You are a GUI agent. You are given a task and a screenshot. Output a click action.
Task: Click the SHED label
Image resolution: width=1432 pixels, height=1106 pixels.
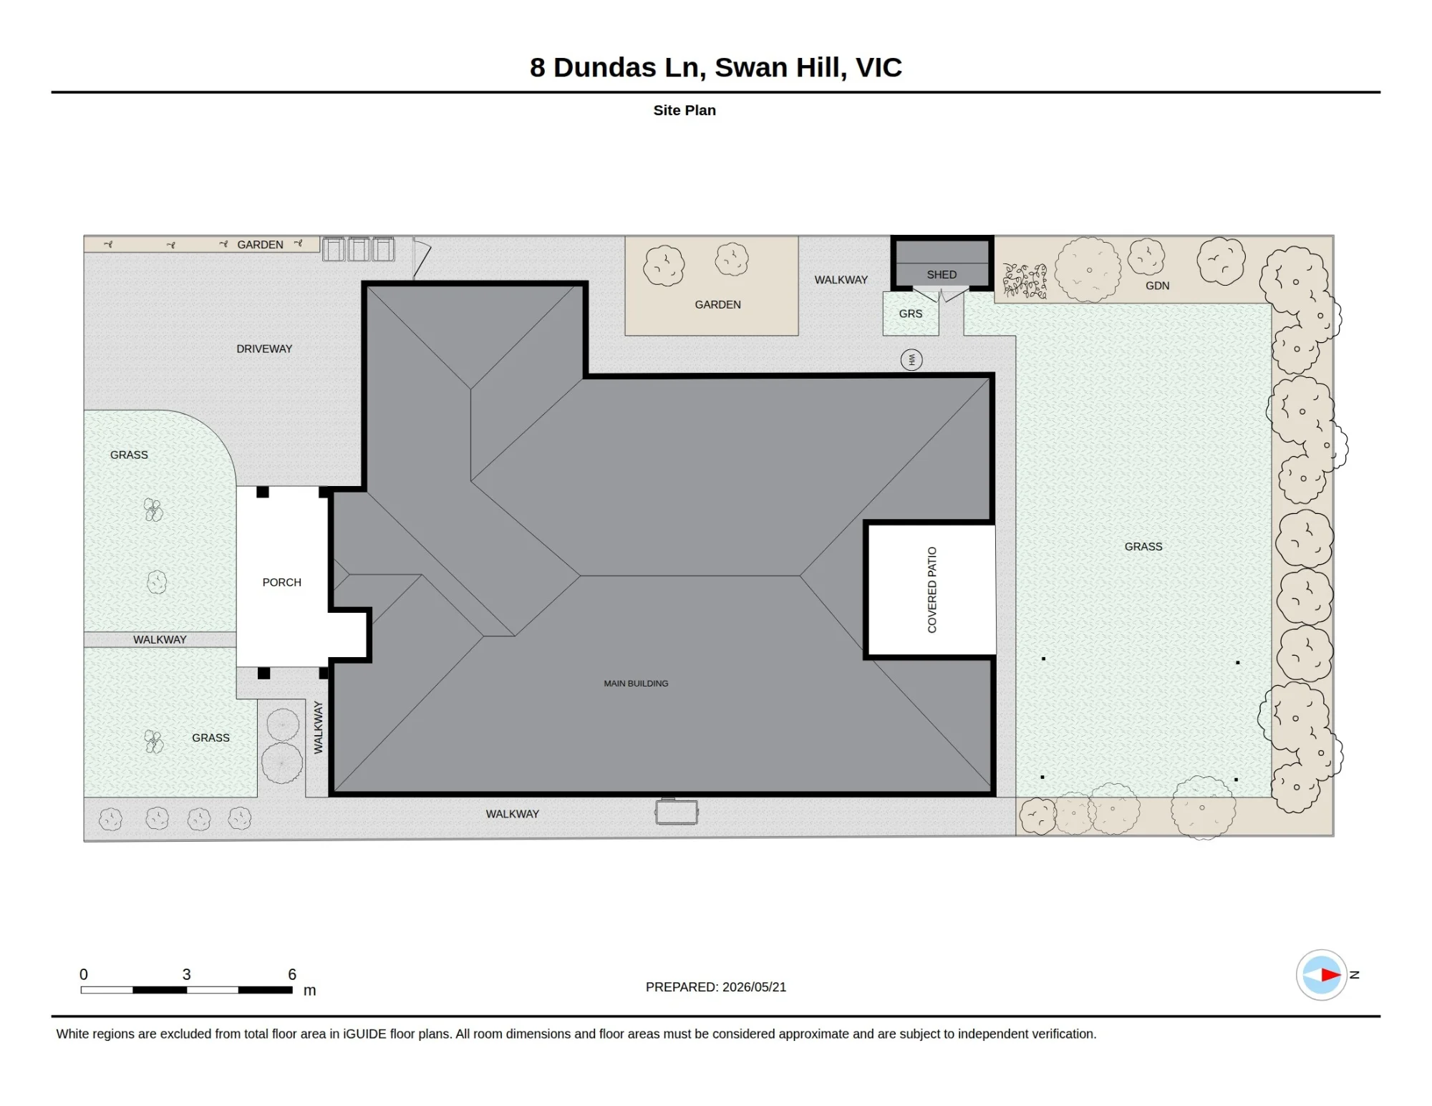pyautogui.click(x=942, y=275)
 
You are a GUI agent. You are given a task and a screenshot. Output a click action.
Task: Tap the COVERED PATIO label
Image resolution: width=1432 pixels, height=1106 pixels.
pyautogui.click(x=932, y=590)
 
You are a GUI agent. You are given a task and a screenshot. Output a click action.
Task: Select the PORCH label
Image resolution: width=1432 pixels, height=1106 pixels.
pyautogui.click(x=281, y=583)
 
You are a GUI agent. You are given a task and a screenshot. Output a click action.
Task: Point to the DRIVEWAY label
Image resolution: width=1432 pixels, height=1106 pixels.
pyautogui.click(x=264, y=349)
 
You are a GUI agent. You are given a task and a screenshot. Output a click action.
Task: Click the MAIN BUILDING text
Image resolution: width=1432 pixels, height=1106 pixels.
pyautogui.click(x=636, y=684)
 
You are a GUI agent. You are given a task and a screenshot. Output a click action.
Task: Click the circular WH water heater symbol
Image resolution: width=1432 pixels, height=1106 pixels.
pyautogui.click(x=911, y=359)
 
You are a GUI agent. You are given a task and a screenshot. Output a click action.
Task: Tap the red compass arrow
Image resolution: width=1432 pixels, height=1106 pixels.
pyautogui.click(x=1331, y=974)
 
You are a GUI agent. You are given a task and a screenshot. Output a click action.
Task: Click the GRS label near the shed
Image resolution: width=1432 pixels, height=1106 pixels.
pyautogui.click(x=911, y=314)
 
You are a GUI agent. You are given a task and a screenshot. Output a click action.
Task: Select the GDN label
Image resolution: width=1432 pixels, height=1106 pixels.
pyautogui.click(x=1157, y=286)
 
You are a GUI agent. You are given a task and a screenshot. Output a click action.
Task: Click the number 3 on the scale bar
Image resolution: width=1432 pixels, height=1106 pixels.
pyautogui.click(x=186, y=974)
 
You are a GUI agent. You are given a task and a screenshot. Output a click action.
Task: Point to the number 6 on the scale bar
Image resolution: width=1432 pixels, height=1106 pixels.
pyautogui.click(x=292, y=974)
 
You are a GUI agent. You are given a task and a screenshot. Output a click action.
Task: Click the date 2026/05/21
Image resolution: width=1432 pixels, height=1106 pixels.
pyautogui.click(x=755, y=987)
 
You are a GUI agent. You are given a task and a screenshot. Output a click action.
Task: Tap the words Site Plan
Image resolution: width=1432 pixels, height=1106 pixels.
pyautogui.click(x=684, y=110)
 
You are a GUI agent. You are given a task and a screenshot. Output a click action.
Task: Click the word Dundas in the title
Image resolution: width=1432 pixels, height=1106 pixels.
pyautogui.click(x=605, y=67)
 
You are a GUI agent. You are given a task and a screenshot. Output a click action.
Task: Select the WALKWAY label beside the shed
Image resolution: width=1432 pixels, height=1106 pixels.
pyautogui.click(x=841, y=280)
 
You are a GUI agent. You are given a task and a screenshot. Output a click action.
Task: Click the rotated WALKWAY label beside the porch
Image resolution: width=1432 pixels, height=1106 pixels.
pyautogui.click(x=319, y=727)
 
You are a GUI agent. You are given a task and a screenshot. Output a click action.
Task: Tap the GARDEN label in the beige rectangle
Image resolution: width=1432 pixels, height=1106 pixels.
pyautogui.click(x=717, y=305)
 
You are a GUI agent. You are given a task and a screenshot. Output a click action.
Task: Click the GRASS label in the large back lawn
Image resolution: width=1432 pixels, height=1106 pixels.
pyautogui.click(x=1143, y=547)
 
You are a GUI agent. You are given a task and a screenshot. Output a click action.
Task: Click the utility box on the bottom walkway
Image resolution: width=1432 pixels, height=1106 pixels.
pyautogui.click(x=676, y=812)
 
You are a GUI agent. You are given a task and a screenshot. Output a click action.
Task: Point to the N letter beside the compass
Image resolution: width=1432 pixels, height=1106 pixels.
pyautogui.click(x=1354, y=974)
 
